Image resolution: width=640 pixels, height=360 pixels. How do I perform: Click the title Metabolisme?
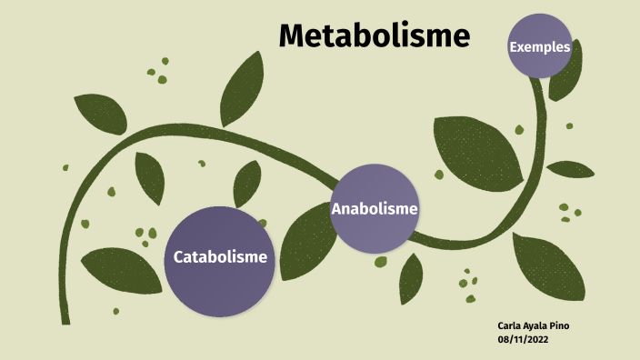coord(374,35)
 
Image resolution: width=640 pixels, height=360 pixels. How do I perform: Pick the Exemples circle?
coord(540,46)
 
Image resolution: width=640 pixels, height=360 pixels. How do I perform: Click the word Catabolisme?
coord(220,257)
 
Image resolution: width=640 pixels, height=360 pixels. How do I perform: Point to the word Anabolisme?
coord(375,209)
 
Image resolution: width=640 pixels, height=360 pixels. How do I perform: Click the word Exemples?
coord(540,46)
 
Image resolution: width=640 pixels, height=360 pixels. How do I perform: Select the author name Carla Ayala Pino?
coord(535,325)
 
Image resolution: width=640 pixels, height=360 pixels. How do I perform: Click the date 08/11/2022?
coord(523,338)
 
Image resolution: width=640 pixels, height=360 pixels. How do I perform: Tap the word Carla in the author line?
coord(510,325)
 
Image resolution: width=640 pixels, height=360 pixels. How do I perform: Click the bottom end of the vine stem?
coord(65,319)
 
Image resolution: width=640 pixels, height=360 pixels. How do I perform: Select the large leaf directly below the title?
coord(242,89)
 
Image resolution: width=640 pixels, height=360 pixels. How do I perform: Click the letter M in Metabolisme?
coord(292,35)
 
